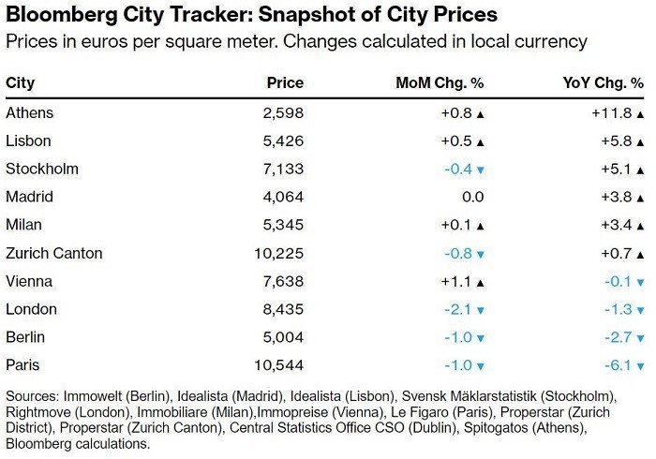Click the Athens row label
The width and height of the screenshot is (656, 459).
(30, 113)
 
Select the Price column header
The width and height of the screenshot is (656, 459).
(287, 83)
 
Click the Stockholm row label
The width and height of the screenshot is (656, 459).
(42, 170)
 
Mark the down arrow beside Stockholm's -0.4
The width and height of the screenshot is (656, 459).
(480, 170)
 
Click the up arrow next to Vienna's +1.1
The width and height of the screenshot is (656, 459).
(480, 282)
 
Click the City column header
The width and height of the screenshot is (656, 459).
(21, 83)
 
